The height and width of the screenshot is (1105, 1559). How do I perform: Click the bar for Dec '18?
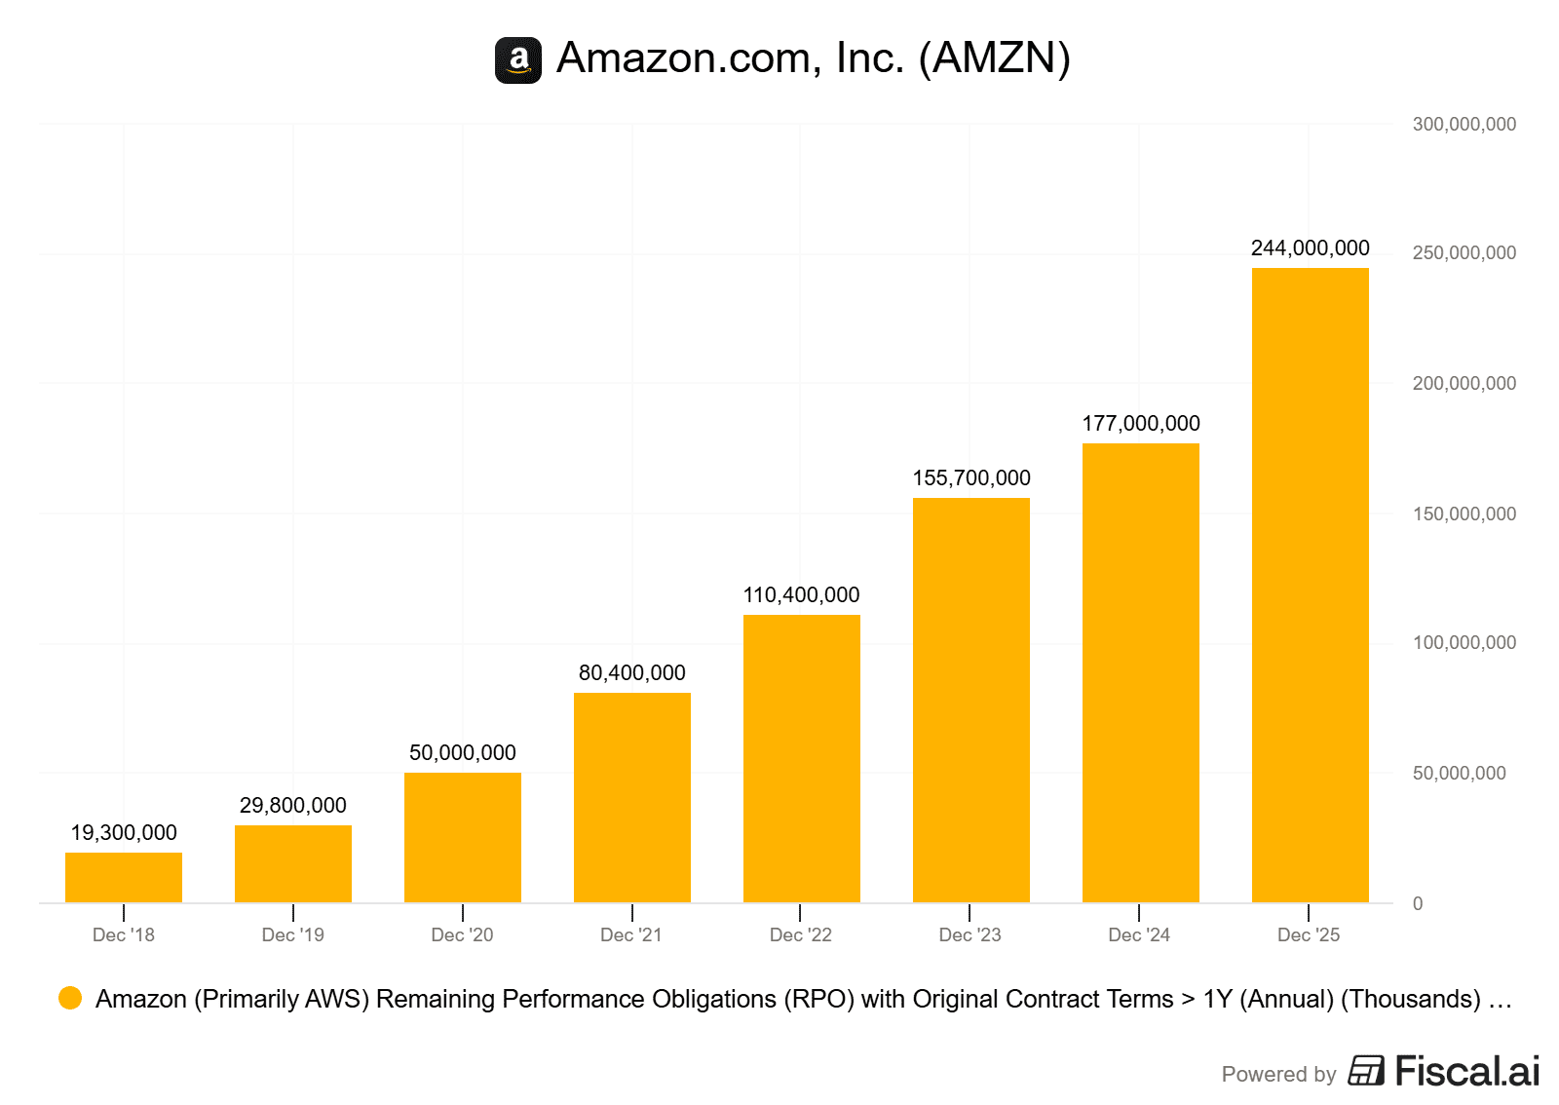coord(124,877)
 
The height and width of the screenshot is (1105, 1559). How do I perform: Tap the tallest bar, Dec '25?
coord(1310,585)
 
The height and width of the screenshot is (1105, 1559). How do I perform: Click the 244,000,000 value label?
coord(1310,248)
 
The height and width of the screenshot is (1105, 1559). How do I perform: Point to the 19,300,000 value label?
coord(124,833)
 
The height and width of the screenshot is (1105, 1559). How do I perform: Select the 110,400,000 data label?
coord(801,595)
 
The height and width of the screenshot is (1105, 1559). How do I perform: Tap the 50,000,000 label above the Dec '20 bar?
coord(463,753)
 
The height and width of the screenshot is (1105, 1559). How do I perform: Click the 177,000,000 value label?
coord(1141,424)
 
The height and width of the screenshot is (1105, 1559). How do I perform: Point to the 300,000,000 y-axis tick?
coord(1464,124)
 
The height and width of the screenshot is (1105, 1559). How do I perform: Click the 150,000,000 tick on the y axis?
coord(1464,514)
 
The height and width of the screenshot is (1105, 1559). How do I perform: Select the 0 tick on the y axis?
coord(1418,903)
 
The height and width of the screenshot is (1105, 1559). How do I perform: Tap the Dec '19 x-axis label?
coord(293,935)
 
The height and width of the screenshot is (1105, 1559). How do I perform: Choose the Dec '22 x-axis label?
coord(801,935)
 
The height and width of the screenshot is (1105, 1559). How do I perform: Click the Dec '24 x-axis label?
coord(1139,935)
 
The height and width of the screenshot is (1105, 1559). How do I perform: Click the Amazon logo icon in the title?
coord(518,60)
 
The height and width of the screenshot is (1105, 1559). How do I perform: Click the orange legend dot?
coord(70,998)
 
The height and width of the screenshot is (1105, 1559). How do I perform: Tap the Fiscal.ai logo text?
coord(1466,1071)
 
